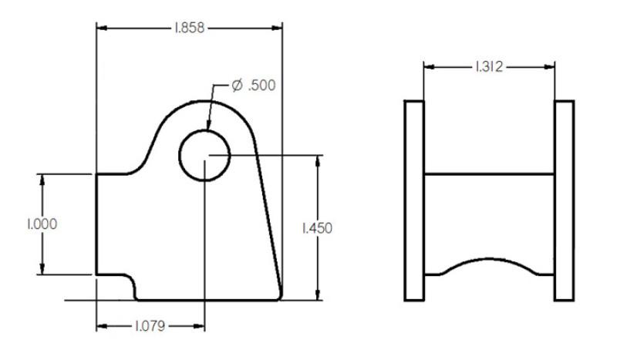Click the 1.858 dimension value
point(189,28)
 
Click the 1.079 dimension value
point(150,326)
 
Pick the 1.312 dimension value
point(488,67)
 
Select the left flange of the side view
point(414,200)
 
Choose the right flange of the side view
point(565,200)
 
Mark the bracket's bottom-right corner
point(279,298)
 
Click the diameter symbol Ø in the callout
point(238,85)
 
